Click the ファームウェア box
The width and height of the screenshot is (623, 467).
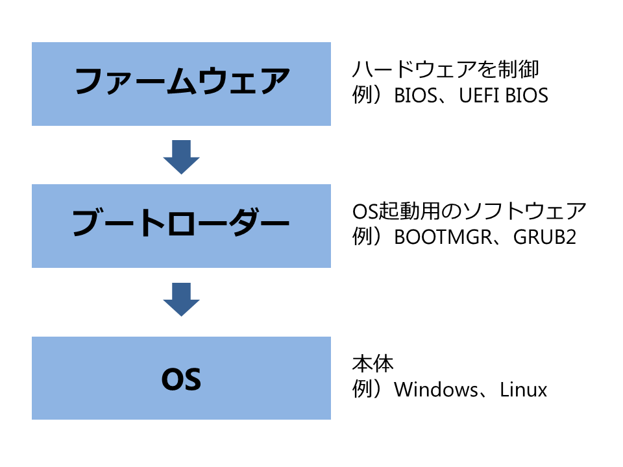181,84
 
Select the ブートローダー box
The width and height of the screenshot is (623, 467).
181,226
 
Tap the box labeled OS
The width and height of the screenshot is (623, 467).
181,378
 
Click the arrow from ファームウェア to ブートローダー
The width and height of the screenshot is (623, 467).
181,157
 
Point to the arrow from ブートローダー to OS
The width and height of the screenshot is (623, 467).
181,300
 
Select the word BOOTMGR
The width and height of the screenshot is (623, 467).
443,237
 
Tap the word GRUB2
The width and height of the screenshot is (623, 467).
544,237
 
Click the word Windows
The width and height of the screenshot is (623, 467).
436,390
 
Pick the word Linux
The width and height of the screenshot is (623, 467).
523,390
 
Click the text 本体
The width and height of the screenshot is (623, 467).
373,364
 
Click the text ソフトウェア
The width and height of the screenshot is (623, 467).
524,211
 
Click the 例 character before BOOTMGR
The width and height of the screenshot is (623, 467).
362,237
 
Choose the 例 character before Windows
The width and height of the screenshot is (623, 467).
362,390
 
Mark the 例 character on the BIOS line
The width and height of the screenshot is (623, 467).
362,95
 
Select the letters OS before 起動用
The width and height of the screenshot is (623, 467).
365,211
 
